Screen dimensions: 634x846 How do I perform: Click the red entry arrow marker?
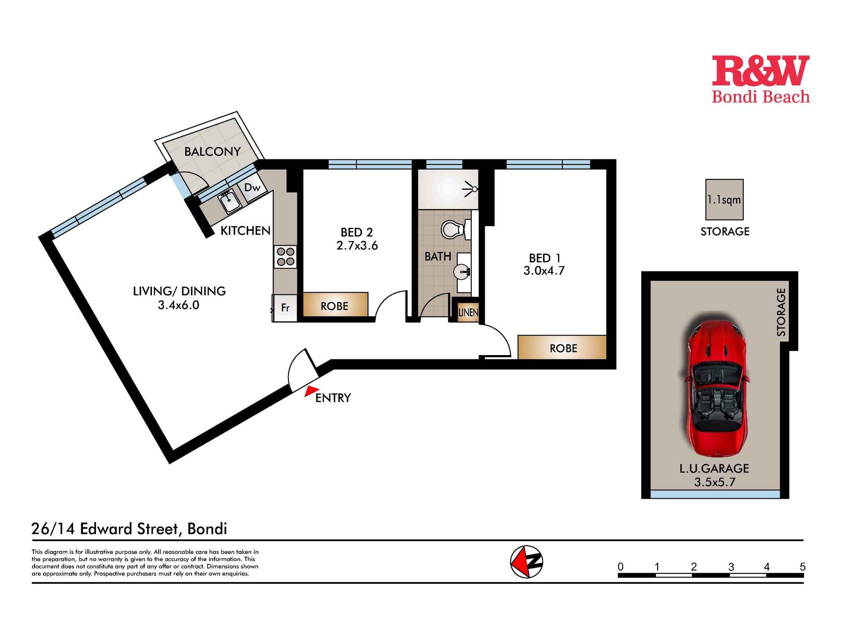(x=311, y=391)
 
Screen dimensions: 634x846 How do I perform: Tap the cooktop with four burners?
(x=285, y=257)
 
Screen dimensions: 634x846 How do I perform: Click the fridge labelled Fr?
(x=285, y=308)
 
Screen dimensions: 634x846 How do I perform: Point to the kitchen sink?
(x=229, y=201)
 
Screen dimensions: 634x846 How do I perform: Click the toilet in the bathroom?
(x=454, y=230)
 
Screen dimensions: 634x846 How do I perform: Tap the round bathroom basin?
(x=462, y=271)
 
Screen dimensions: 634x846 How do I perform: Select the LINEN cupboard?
(x=468, y=312)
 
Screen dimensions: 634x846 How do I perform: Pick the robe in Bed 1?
(x=563, y=347)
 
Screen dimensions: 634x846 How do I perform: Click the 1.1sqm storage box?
(x=724, y=199)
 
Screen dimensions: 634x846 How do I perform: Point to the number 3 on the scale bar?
(x=731, y=567)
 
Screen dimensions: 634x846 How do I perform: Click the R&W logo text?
(x=761, y=71)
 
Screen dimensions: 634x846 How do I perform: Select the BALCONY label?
(x=212, y=151)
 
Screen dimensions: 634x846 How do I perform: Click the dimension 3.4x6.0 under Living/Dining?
(x=179, y=305)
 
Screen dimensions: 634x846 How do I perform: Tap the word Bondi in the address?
(x=207, y=529)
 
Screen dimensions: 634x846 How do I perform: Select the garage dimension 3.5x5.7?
(x=714, y=482)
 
